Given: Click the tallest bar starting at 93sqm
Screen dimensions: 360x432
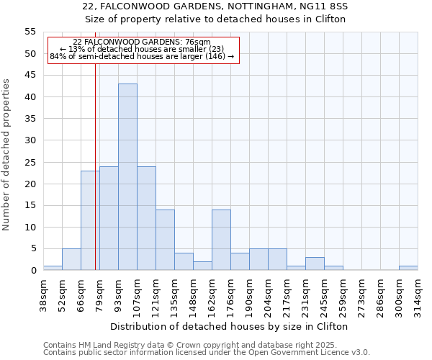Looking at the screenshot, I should tap(127, 177).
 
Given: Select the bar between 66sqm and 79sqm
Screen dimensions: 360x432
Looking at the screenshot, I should tap(90, 220).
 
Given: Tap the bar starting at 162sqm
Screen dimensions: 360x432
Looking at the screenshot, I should tap(221, 240).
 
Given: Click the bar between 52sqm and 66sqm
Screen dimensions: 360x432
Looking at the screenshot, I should tap(71, 259).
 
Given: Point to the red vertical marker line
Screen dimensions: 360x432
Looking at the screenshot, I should tap(95, 180).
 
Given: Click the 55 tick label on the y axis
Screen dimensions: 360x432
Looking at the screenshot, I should tap(30, 32).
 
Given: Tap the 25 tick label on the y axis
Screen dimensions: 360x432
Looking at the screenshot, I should tap(30, 162).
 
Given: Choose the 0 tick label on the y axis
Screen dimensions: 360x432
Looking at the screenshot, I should tap(32, 271).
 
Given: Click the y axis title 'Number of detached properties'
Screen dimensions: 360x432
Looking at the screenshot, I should tap(6, 155).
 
